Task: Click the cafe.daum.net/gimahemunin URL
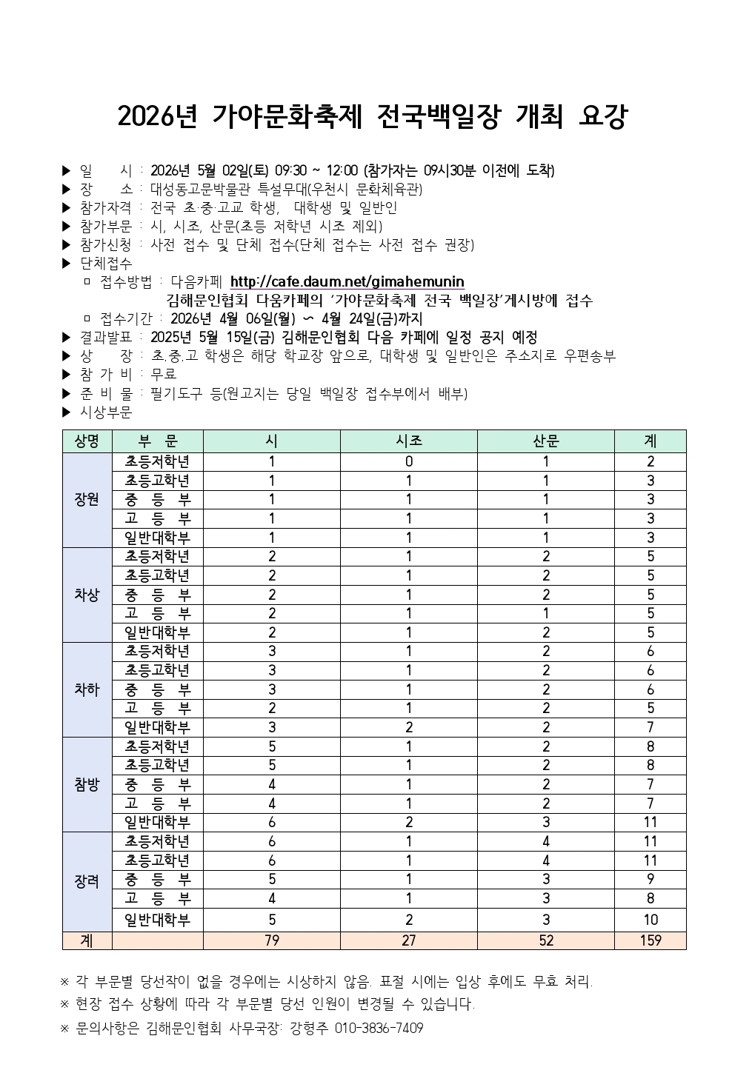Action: pos(347,281)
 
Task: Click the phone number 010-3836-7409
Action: pos(379,1029)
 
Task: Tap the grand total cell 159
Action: pos(650,940)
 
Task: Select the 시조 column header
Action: pos(408,441)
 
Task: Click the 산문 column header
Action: pos(545,441)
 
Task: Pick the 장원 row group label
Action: pos(87,499)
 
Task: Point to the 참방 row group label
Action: pos(87,784)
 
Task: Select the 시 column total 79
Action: pos(271,940)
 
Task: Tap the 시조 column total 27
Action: pos(408,940)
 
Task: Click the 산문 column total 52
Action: pos(545,940)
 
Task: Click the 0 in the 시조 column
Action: pos(408,461)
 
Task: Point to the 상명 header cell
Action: pos(87,441)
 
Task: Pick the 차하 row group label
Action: pos(87,689)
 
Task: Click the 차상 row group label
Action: pos(87,595)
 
